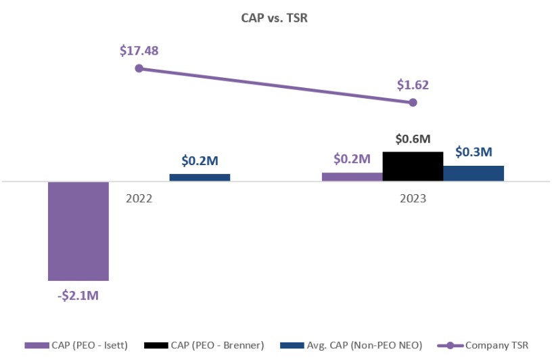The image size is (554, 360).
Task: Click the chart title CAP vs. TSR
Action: coord(276,18)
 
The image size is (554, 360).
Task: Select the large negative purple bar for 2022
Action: coord(78,231)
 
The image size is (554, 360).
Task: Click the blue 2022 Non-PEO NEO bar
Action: coord(200,177)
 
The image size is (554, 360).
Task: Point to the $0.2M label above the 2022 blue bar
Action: coord(200,161)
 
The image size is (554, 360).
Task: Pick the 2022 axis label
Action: coord(139,200)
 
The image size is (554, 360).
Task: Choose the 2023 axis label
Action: coord(413,200)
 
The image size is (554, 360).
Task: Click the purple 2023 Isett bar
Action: coord(352,177)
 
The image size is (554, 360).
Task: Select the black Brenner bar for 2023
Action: coord(413,166)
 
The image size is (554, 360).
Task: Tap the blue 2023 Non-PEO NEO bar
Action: coord(474,173)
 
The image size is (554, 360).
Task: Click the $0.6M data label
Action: coord(413,139)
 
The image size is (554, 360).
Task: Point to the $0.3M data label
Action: coord(474,153)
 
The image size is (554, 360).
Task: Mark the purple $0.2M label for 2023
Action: coord(352,160)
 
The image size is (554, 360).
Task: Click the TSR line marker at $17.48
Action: coord(139,68)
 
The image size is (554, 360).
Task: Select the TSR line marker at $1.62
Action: coord(413,102)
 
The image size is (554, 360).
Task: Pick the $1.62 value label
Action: coord(413,85)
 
